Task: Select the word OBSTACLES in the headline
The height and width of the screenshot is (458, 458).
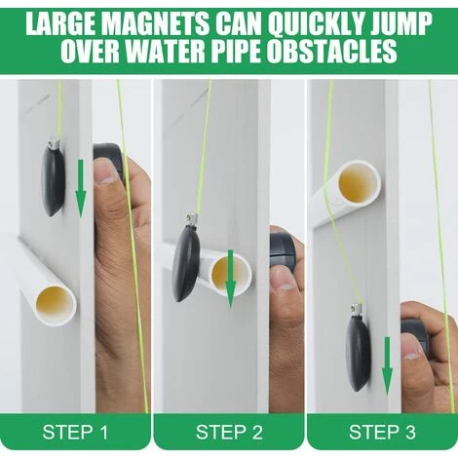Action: click(x=331, y=52)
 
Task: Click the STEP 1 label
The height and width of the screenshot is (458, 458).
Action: click(x=75, y=432)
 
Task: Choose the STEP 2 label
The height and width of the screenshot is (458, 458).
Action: click(x=229, y=432)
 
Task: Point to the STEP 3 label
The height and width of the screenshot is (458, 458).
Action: click(x=382, y=432)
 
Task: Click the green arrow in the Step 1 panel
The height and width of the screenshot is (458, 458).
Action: click(x=81, y=188)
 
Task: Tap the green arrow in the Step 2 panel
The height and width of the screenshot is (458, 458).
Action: click(x=231, y=279)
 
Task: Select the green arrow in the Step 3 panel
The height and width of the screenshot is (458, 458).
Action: click(x=387, y=366)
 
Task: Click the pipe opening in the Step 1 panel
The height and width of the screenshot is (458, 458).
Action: click(x=55, y=303)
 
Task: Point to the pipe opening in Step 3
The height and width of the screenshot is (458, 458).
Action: click(x=358, y=182)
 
